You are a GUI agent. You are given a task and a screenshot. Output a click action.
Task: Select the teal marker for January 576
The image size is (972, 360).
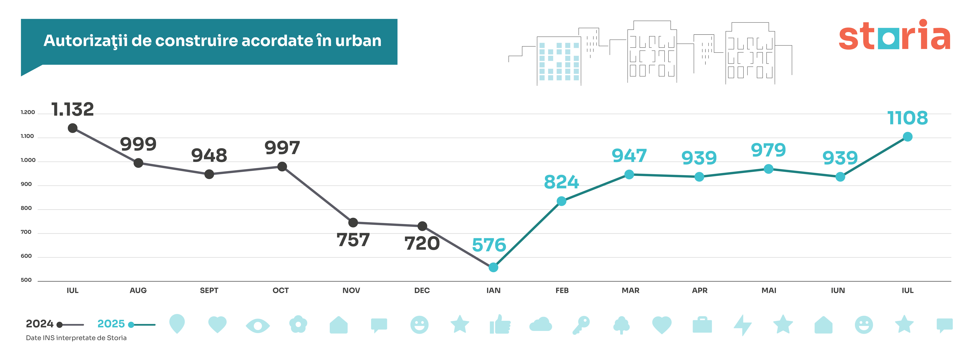493,267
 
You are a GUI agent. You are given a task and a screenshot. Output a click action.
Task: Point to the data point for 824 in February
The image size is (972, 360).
561,201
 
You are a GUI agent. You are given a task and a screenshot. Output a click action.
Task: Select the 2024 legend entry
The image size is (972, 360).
40,324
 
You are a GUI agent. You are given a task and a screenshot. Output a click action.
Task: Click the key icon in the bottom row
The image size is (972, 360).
581,325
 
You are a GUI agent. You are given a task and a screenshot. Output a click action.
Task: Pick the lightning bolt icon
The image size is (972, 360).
743,325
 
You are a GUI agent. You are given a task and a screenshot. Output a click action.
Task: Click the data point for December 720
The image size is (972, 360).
422,226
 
